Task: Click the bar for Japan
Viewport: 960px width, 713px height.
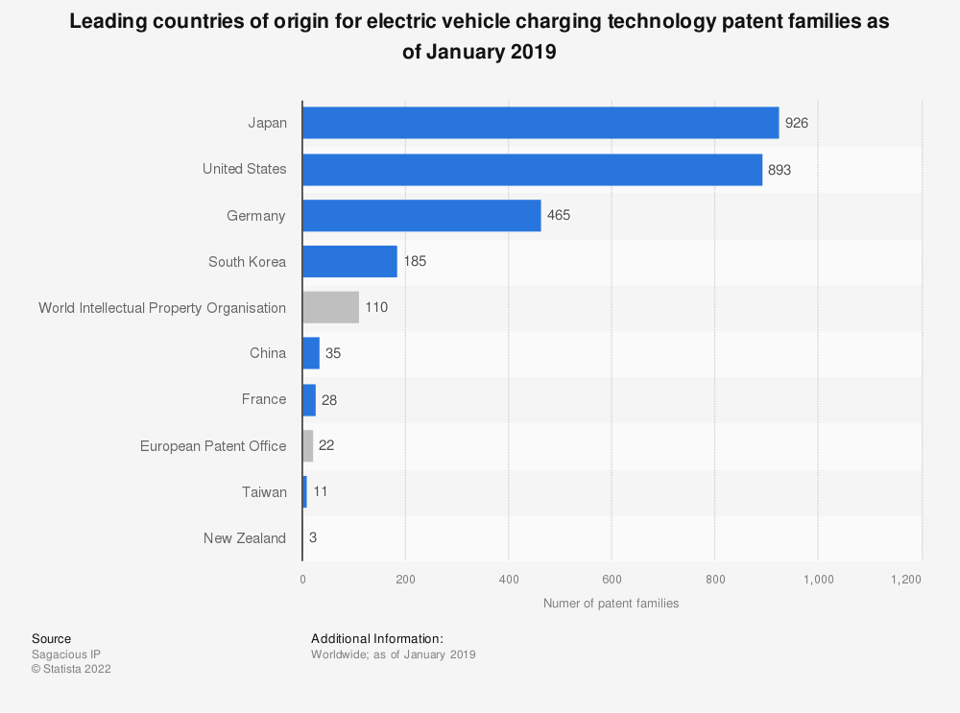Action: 540,123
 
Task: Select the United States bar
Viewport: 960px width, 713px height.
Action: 532,169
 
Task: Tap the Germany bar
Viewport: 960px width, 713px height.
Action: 421,216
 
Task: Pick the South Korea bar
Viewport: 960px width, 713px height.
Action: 349,261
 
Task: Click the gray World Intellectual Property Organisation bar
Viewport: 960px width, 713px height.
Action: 330,308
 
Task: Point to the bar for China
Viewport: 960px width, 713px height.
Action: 311,353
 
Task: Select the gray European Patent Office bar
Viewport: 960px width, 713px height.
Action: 308,445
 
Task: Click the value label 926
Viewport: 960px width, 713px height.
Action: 798,123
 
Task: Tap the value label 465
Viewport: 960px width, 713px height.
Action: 559,215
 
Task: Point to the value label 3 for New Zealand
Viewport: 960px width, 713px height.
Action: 313,537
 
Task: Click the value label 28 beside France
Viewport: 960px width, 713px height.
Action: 329,399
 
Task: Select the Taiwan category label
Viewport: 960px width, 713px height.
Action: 264,492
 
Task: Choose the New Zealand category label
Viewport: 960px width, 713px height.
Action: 245,538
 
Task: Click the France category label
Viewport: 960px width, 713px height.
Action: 264,399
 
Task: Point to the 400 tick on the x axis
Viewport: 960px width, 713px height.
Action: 509,580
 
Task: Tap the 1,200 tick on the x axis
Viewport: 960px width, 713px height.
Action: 905,580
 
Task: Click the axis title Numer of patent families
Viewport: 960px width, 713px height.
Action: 611,604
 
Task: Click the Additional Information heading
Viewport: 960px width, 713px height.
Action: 377,638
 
